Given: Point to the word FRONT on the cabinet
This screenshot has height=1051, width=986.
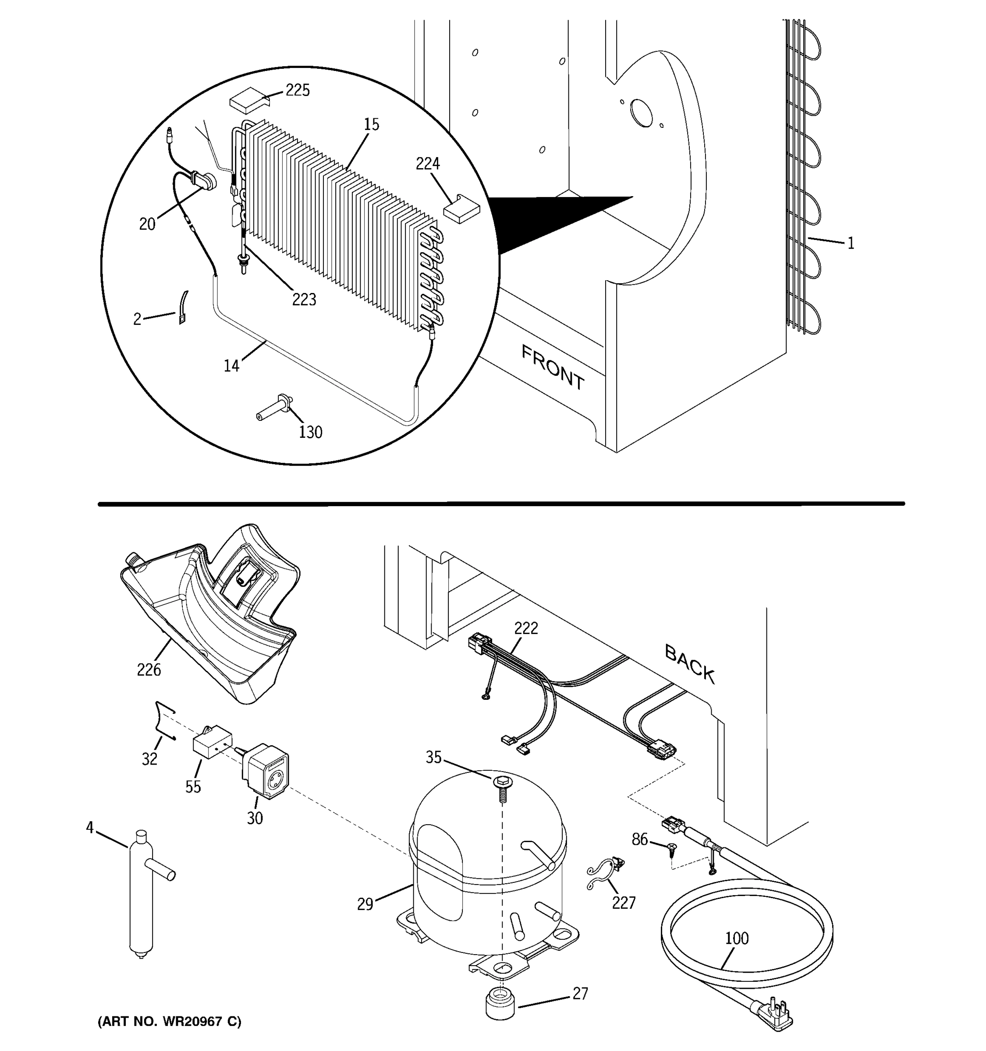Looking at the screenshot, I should click(x=553, y=367).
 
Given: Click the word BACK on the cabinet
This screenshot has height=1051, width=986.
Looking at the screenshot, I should click(x=689, y=664).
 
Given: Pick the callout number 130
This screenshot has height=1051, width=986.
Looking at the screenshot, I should click(x=311, y=433).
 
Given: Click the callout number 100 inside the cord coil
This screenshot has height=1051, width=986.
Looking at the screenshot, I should click(x=736, y=938).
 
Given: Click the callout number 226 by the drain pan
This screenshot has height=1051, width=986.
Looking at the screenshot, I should click(x=149, y=670).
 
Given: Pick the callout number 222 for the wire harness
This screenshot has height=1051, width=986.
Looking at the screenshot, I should click(x=526, y=628).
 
